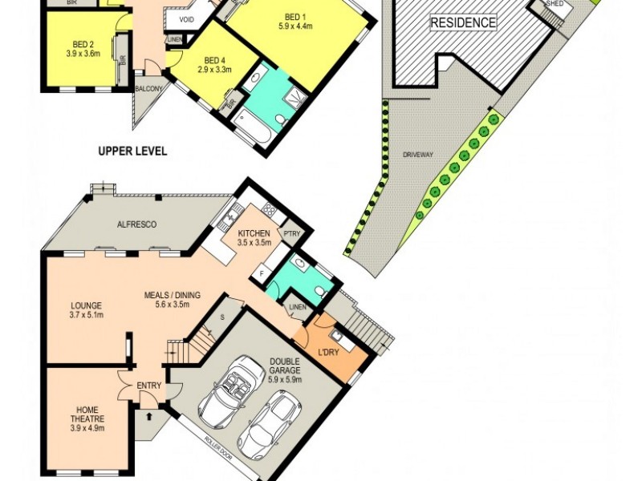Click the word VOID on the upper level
[186, 19]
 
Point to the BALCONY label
[149, 89]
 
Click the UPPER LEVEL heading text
[132, 151]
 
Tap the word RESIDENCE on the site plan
[463, 22]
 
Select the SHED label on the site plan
[555, 4]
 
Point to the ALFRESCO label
[136, 225]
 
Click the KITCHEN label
[253, 233]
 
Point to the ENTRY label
[148, 386]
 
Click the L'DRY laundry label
[328, 354]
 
